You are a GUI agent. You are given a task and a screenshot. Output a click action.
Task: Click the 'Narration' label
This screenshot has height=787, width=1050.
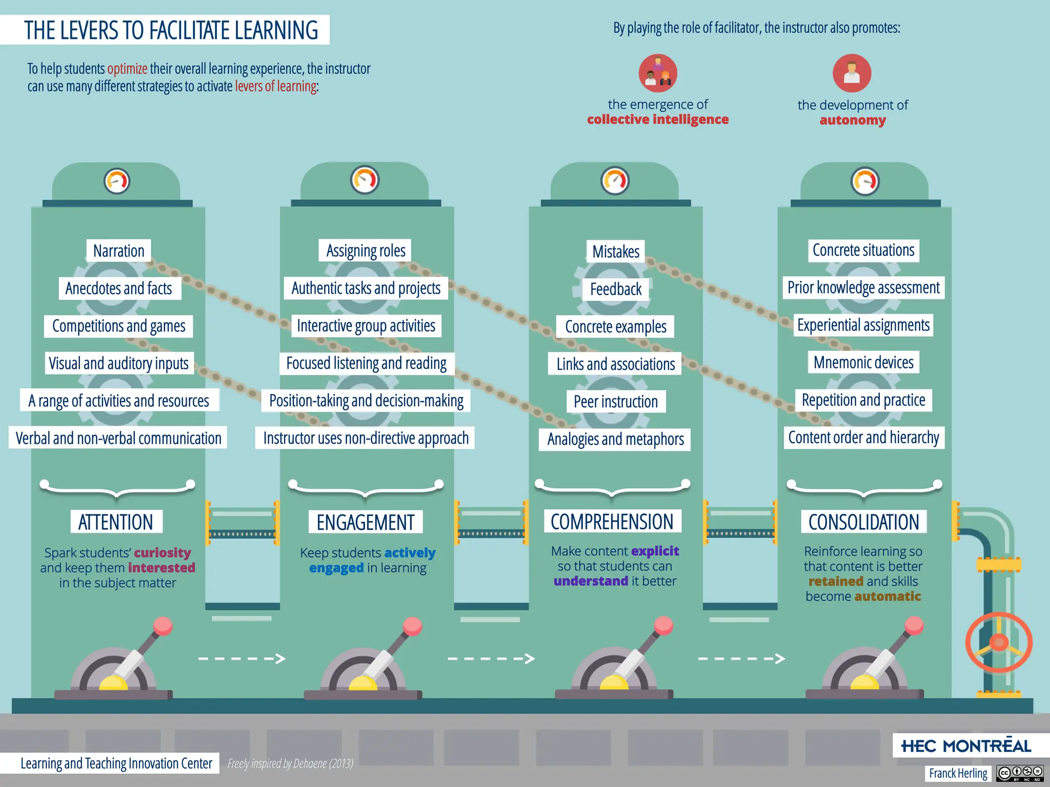tap(118, 251)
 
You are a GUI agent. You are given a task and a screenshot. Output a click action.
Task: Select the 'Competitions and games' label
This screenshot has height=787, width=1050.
tap(118, 326)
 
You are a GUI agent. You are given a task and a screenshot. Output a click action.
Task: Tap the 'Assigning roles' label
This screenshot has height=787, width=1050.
tap(366, 251)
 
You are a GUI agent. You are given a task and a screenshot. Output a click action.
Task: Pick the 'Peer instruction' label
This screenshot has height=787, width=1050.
tap(615, 402)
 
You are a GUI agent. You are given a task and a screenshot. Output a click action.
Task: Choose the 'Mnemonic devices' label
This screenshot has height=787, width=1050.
tap(863, 362)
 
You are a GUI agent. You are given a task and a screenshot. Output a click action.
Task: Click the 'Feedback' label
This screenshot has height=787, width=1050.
tap(615, 289)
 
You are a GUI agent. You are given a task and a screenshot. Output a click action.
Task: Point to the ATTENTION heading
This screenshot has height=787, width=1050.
tap(116, 522)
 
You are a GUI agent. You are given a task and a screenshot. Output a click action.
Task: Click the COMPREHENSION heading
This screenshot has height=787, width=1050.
tap(612, 522)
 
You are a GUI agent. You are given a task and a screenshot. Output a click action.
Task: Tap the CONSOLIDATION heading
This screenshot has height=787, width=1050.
tap(864, 522)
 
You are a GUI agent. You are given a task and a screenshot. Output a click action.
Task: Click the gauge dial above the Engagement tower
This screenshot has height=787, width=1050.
tap(365, 180)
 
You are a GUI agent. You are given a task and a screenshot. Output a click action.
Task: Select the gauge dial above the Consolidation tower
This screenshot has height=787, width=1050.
tap(865, 181)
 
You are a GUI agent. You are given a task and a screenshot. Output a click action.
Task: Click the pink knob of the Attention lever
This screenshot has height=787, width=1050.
tap(163, 626)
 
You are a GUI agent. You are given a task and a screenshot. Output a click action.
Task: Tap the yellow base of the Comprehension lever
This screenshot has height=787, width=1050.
tap(614, 683)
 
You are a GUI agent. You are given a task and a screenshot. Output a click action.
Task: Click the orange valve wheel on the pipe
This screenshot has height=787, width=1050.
tap(999, 642)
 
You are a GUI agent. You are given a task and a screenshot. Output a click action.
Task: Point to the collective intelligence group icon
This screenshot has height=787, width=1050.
tap(658, 73)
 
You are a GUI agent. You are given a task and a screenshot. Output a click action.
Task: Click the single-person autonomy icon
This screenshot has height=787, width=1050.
tap(852, 73)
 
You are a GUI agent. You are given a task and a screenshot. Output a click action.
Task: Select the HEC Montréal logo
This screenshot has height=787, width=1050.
tap(966, 746)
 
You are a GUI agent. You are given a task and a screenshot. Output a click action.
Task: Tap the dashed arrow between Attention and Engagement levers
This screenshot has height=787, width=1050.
tap(241, 658)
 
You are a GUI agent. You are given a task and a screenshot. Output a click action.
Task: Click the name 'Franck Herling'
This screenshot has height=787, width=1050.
tap(958, 773)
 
